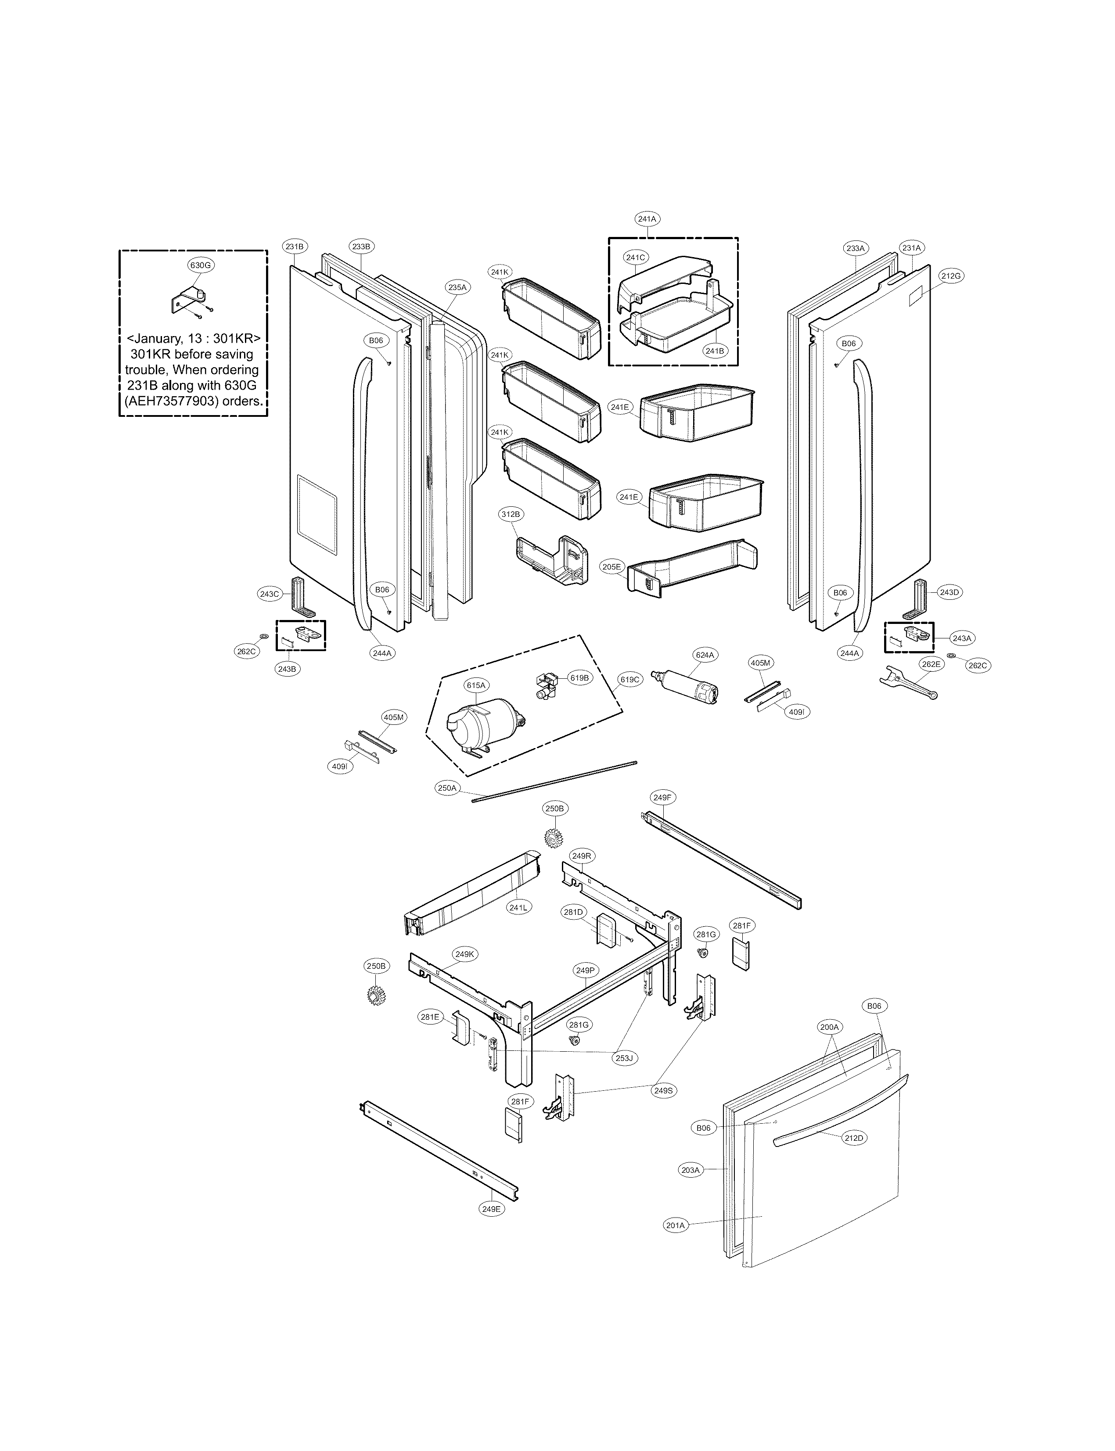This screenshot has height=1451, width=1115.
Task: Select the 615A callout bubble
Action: point(476,685)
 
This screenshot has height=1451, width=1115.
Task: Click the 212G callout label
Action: point(950,276)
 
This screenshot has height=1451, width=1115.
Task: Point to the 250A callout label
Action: point(447,788)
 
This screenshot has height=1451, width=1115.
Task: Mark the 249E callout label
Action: point(491,1209)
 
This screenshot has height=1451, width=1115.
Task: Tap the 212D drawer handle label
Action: point(854,1138)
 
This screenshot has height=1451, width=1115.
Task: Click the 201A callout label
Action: point(675,1225)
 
